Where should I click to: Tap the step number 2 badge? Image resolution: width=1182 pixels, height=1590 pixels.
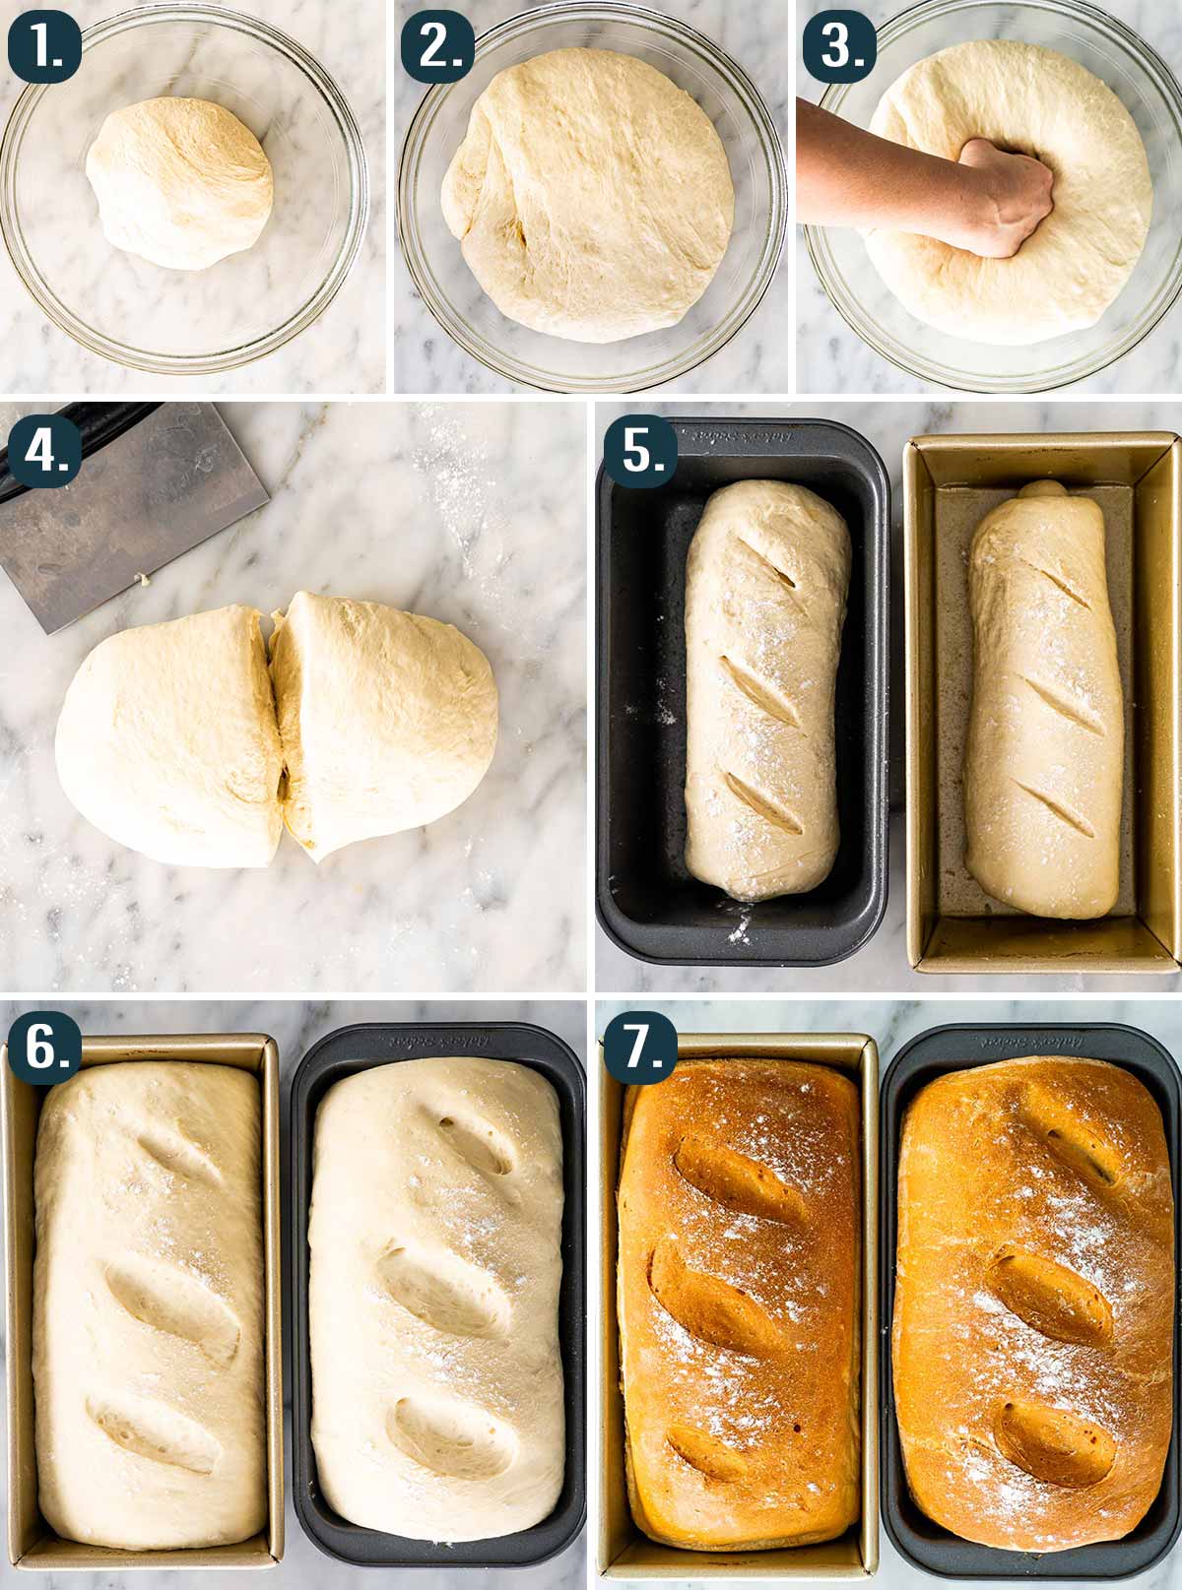click(x=439, y=45)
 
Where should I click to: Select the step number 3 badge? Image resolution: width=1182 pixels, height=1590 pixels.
click(x=839, y=45)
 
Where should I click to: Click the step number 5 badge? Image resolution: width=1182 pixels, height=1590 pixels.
click(x=640, y=454)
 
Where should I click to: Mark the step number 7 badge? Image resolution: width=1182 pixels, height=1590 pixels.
click(x=640, y=1049)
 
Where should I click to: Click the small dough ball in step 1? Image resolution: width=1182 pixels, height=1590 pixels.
click(x=179, y=183)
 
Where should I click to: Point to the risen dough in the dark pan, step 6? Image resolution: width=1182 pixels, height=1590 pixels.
click(x=438, y=1300)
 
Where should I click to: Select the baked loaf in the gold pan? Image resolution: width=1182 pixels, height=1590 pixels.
click(x=739, y=1300)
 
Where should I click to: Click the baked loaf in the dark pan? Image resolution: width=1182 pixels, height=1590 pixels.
click(x=1034, y=1300)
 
